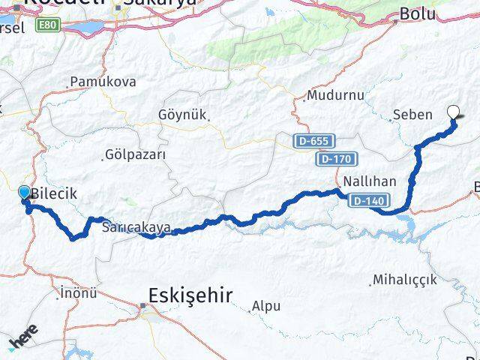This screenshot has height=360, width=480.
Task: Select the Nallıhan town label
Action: coord(364,181)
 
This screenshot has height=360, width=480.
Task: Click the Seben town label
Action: coord(412,115)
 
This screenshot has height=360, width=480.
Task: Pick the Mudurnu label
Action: coord(335,96)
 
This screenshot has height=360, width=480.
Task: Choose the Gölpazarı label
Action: coord(136,154)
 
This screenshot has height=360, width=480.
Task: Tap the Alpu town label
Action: coord(266,306)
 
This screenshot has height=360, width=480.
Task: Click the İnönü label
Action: coord(77,292)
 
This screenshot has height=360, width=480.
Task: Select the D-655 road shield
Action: coord(313,140)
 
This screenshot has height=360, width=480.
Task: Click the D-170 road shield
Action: coord(337,159)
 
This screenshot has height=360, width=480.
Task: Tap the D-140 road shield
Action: coord(367,200)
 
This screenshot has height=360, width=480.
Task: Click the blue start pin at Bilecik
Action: coord(24,193)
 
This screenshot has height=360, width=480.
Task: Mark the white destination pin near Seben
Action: coord(454,112)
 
